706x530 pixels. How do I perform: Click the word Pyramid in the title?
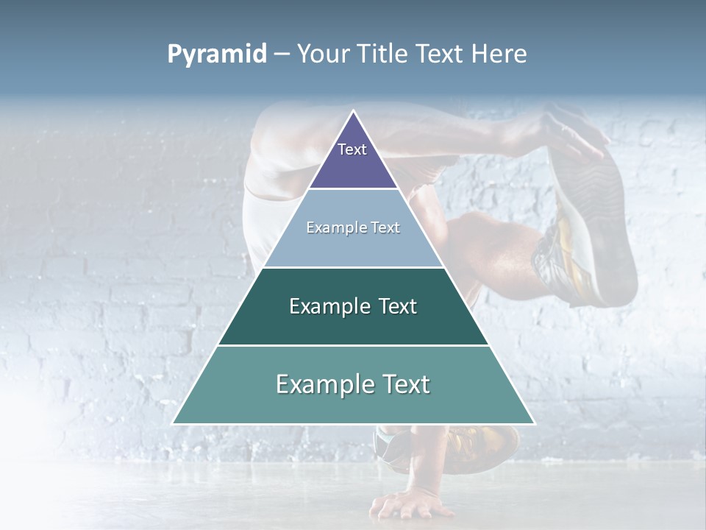(x=217, y=54)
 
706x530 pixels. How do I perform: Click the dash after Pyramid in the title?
(x=282, y=54)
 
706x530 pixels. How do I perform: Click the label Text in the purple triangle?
(x=352, y=149)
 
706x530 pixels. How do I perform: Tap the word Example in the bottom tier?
(x=324, y=384)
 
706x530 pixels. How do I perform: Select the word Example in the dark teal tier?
(x=329, y=306)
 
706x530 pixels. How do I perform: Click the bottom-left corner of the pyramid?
(x=173, y=423)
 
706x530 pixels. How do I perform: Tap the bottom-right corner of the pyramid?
(x=534, y=423)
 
